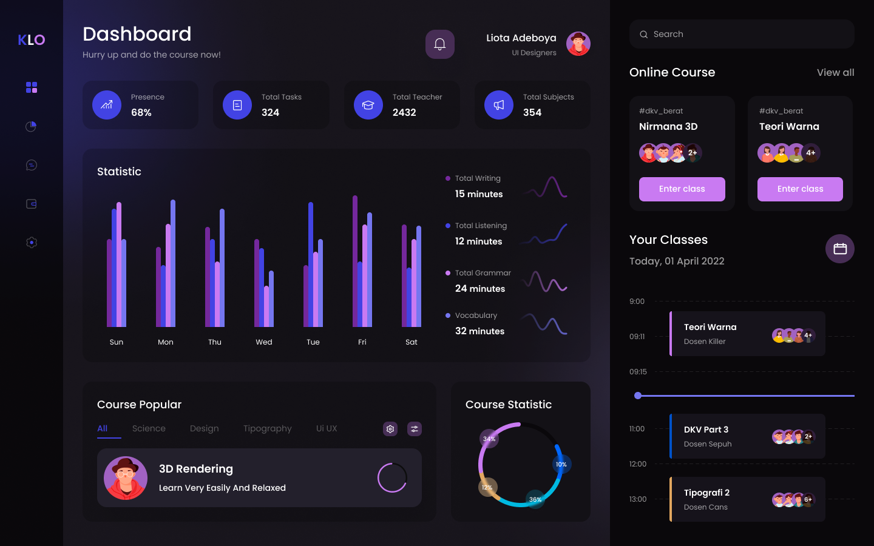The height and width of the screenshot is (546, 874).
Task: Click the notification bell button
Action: [x=440, y=44]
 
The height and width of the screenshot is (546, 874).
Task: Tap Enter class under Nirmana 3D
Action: [x=682, y=189]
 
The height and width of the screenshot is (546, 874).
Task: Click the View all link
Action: [x=835, y=73]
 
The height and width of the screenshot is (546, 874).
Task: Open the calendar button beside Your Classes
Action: [x=840, y=249]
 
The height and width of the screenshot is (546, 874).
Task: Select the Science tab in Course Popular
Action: [x=149, y=428]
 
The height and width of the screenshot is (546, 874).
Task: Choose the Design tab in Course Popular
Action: [x=204, y=428]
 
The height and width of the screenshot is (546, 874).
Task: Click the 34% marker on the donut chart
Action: [x=489, y=439]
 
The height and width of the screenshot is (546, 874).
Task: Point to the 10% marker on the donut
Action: [x=561, y=465]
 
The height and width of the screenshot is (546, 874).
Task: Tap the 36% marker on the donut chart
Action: [x=535, y=499]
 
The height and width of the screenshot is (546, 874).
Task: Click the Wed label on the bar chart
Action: [x=264, y=342]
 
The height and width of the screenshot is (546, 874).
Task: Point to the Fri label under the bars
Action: [x=362, y=342]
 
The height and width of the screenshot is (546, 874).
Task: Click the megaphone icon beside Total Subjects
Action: [x=499, y=105]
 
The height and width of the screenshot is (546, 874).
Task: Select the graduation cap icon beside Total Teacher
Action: [x=368, y=105]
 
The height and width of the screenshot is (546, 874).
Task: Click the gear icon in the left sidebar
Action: [x=32, y=243]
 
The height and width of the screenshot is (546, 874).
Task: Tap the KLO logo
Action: [x=32, y=40]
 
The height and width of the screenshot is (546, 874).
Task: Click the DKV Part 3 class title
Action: [x=706, y=430]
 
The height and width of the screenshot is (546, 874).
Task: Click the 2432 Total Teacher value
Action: [x=404, y=112]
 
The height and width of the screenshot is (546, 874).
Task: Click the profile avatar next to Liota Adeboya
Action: [x=578, y=44]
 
